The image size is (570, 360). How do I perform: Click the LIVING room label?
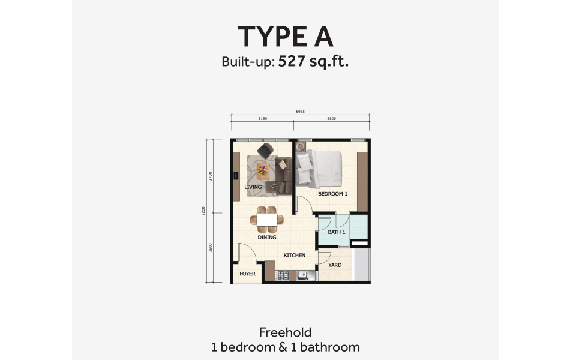coord(253,187)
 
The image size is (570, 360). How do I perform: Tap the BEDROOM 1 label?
coord(333,194)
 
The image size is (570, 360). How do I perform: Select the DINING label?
coord(267,237)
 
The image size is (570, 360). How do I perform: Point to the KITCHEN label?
coord(295,256)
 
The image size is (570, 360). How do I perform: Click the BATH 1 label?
coord(337,232)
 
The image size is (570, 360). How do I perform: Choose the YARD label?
coord(335,265)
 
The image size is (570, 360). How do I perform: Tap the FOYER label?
coord(247,274)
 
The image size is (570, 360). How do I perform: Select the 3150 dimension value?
coord(262,119)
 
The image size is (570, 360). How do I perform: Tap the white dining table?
coord(267,220)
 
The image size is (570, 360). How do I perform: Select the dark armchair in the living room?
coord(265,149)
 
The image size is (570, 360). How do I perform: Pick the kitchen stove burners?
coord(283,276)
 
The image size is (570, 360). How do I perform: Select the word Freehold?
coord(285,332)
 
